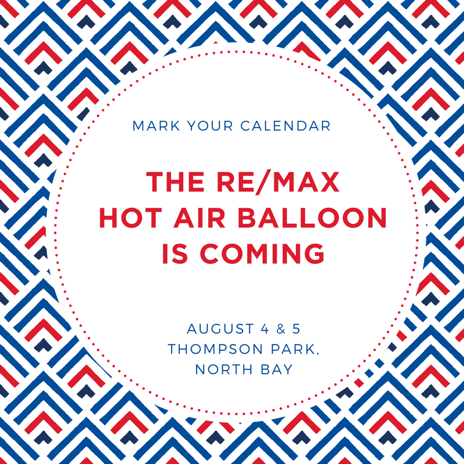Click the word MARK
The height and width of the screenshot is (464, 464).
[x=156, y=126]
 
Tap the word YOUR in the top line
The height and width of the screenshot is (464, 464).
[x=210, y=126]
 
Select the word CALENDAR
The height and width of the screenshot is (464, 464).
[x=285, y=126]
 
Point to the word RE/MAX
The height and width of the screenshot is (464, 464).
[x=278, y=182]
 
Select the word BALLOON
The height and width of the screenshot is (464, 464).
[x=312, y=218]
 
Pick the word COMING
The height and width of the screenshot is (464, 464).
[x=262, y=253]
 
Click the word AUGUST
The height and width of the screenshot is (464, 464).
[x=220, y=329]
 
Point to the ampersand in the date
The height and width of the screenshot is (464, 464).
[x=281, y=329]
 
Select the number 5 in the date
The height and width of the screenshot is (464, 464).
[x=296, y=329]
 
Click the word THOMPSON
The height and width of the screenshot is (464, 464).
[x=215, y=349]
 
